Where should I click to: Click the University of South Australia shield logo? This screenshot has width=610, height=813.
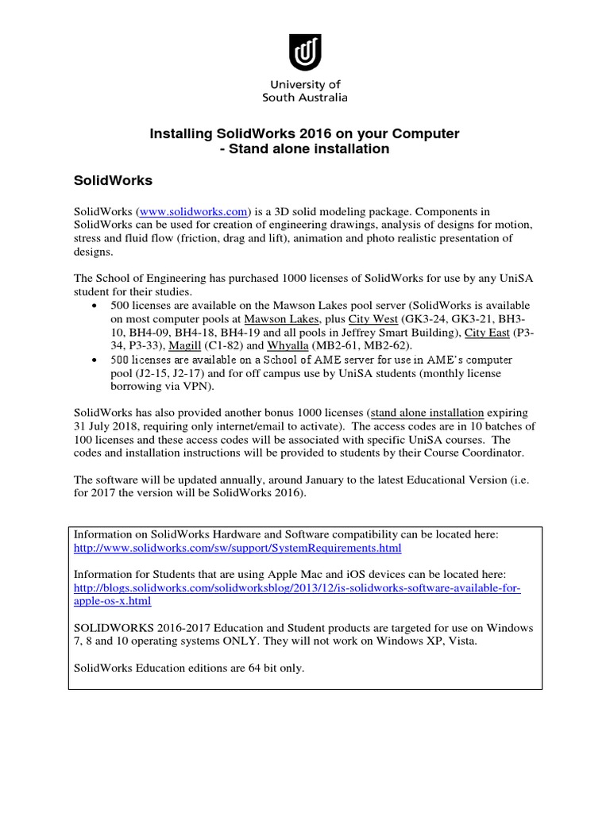[x=305, y=52]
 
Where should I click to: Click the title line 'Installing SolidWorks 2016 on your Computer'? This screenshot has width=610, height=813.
[x=305, y=134]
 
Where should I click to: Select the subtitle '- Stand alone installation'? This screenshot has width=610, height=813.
[x=305, y=149]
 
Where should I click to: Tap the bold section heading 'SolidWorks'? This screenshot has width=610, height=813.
[x=113, y=181]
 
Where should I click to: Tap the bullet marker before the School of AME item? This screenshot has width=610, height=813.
[x=96, y=360]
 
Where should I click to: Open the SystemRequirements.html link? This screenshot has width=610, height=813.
[x=237, y=549]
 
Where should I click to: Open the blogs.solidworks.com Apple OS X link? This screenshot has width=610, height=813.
[x=297, y=588]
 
